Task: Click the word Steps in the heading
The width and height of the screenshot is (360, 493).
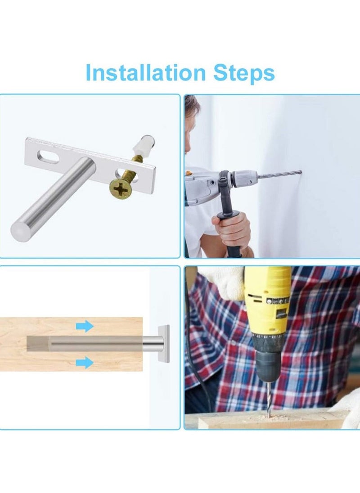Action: pos(243,73)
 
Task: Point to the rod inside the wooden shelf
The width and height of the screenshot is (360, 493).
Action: pos(90,344)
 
